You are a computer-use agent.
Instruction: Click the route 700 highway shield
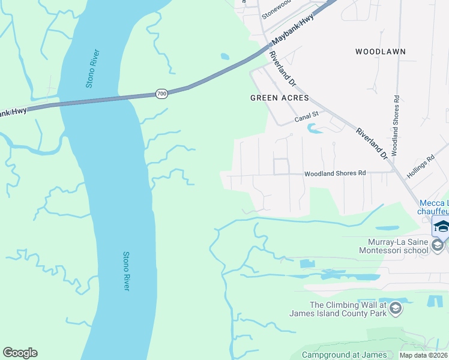click(161, 94)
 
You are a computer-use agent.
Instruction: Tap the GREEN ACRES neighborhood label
click(279, 98)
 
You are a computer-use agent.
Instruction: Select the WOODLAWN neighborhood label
click(380, 52)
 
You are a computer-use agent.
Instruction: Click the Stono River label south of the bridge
click(126, 271)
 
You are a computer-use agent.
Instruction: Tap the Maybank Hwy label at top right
click(294, 31)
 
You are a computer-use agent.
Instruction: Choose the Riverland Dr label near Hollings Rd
click(372, 143)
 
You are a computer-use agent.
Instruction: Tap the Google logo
click(20, 353)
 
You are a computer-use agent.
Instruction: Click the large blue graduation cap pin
click(441, 226)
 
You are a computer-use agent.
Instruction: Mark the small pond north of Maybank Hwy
click(224, 56)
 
